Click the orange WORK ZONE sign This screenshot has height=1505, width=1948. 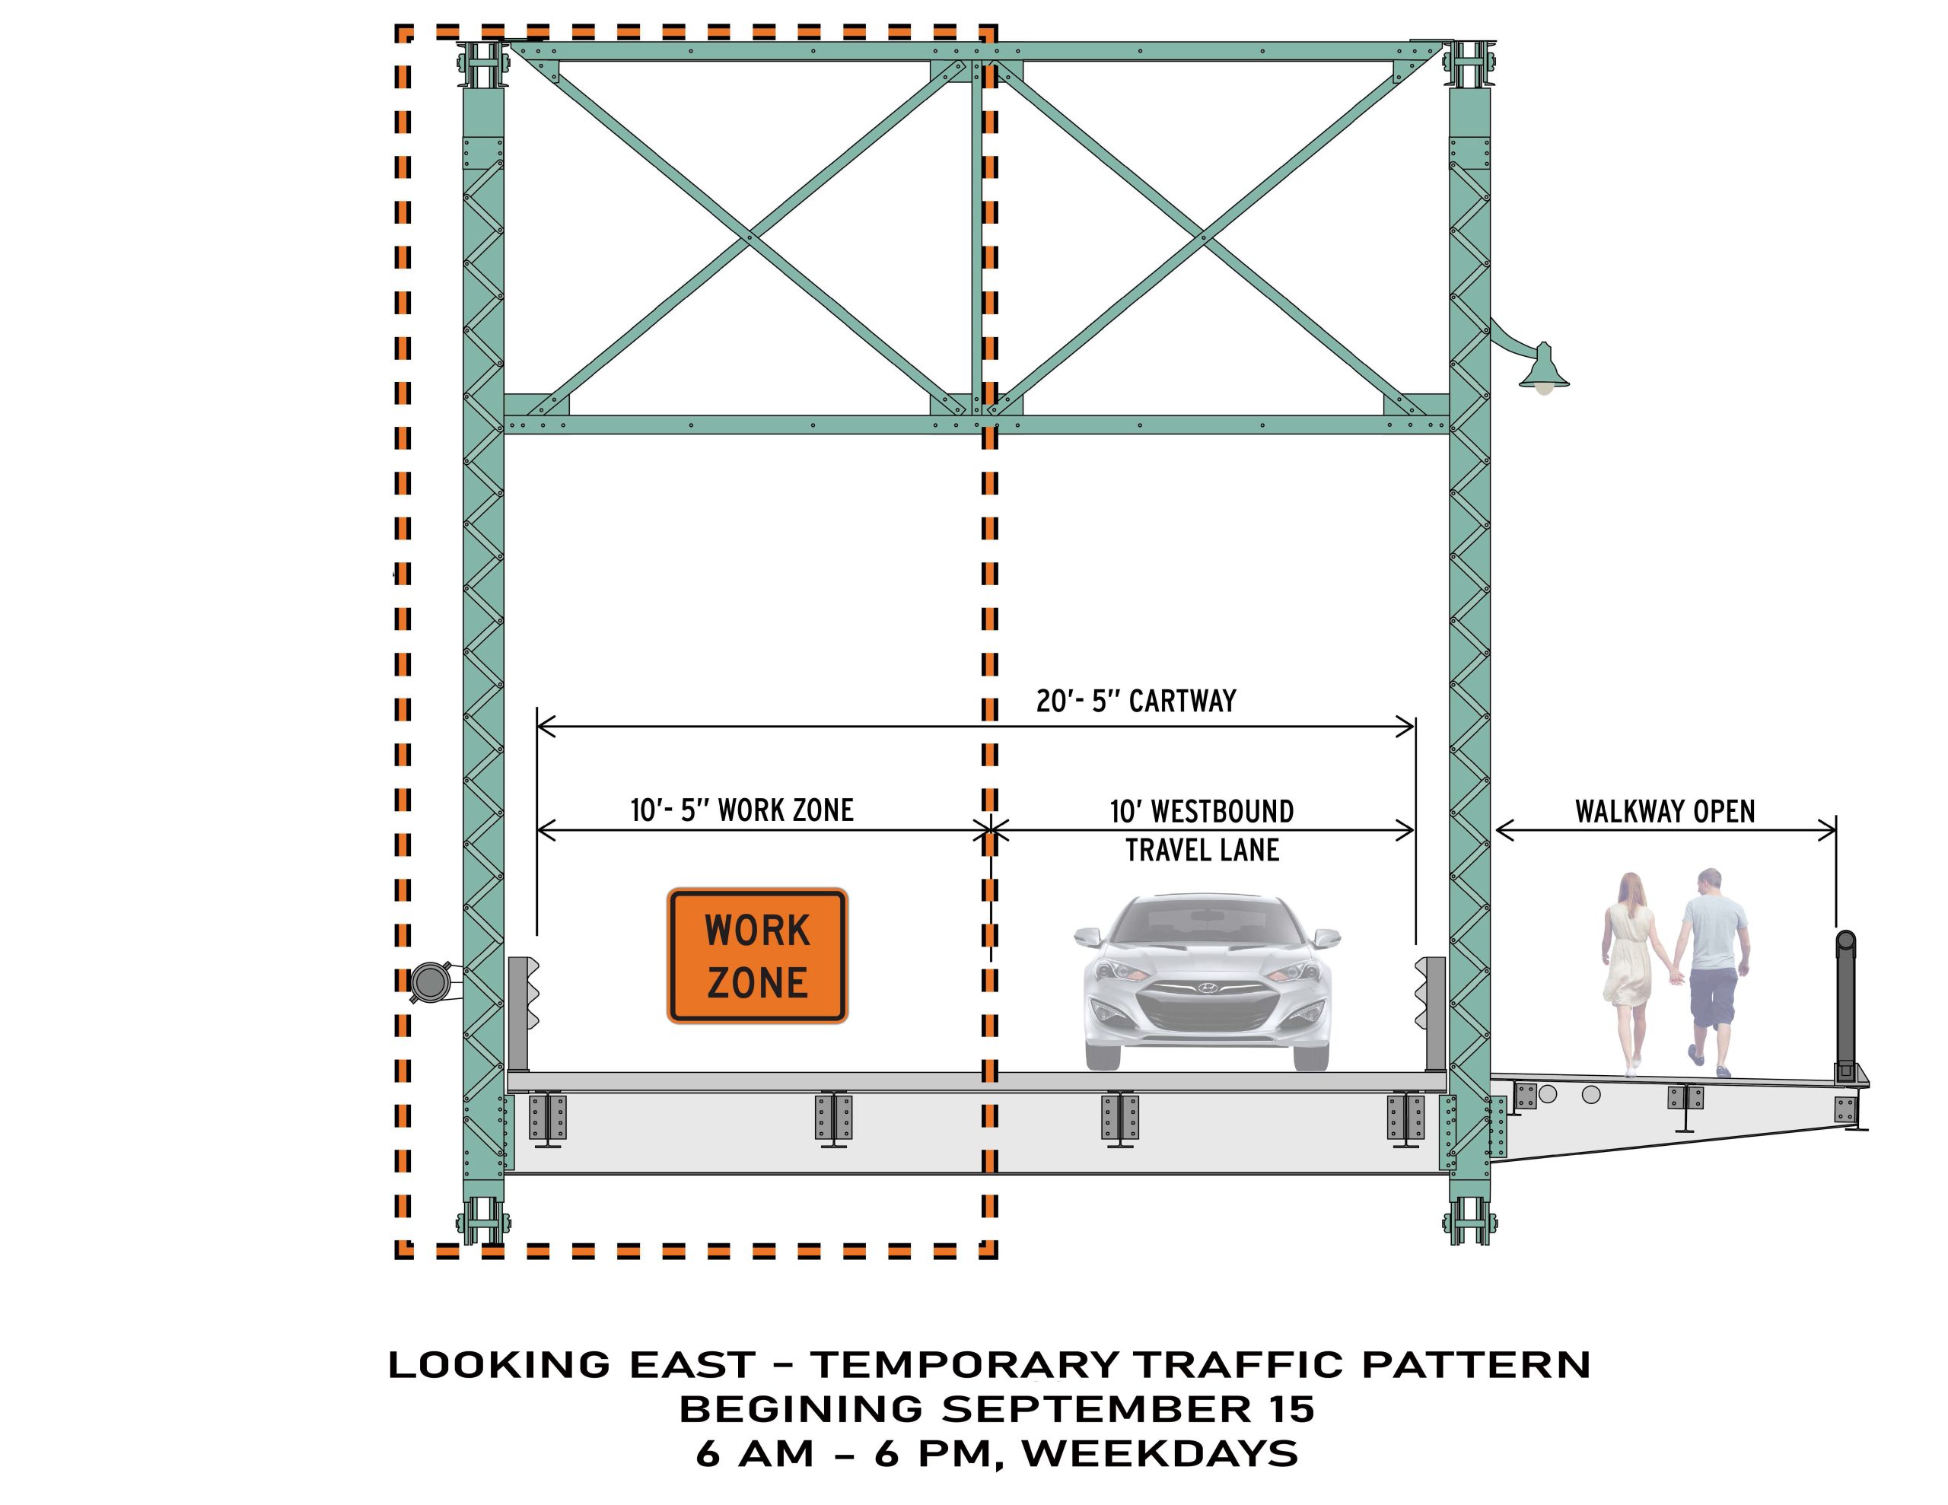pos(757,956)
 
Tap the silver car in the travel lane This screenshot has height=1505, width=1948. pos(1207,982)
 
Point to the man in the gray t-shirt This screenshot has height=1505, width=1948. pos(1713,972)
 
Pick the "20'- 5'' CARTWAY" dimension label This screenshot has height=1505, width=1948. pos(1135,702)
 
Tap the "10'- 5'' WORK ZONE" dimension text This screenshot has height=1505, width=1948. pos(742,810)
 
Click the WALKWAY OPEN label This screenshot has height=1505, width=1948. pos(1664,812)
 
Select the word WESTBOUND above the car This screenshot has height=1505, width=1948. pos(1223,812)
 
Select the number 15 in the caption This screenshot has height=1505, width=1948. pos(1288,1411)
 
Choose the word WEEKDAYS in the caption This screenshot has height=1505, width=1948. pos(1160,1455)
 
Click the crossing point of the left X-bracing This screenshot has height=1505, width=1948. pos(747,237)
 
